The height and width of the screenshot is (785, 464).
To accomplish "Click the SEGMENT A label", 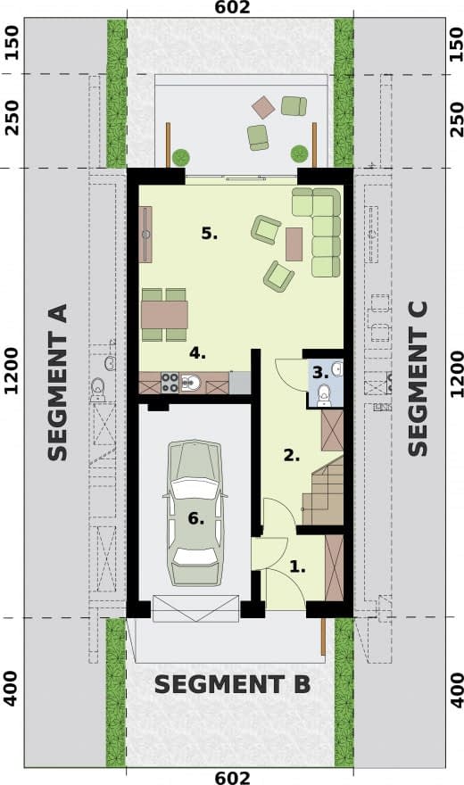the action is pos(57,382).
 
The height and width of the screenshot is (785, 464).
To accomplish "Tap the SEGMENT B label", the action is pos(232,684).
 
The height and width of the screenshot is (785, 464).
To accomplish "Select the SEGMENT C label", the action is pos(418,378).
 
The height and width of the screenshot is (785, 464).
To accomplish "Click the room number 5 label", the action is pos(209,234).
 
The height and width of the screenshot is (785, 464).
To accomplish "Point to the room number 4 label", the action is pos(197,353).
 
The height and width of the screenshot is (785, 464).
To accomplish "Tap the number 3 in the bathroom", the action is pos(320,373).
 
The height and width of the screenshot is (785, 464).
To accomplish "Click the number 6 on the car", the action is pos(196,518).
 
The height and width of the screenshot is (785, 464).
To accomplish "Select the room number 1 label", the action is pos(298,566).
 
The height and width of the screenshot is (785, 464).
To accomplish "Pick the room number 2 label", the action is pos(292,456).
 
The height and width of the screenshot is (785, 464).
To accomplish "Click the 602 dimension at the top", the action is pos(232,7).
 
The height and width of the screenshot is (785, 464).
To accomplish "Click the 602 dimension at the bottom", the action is pos(232,778).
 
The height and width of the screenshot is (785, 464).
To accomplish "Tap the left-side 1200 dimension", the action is pos(11,371).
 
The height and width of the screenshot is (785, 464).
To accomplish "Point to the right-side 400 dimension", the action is pos(457,690).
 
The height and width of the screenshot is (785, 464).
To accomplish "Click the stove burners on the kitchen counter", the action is pos(170,383).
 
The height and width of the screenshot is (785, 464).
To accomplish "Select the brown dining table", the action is pos(165,314).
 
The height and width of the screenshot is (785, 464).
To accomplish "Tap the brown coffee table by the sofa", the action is pos(294,244).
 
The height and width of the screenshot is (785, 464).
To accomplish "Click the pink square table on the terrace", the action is pos(263,107).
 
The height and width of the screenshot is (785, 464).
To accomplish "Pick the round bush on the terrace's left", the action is pos(181,157).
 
